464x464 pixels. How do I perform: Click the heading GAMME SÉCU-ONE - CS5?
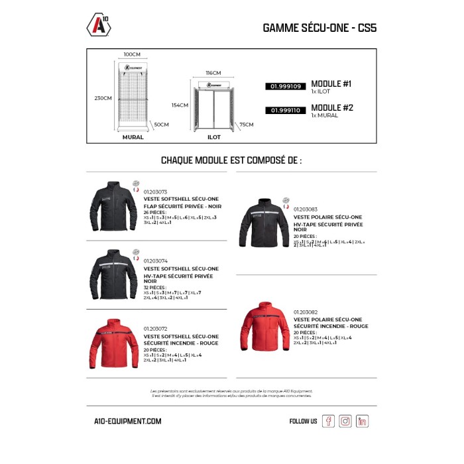coord(319,29)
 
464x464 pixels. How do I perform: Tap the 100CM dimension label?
coord(132,54)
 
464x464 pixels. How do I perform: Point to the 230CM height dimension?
coord(103,98)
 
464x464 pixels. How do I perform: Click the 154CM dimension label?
coord(180,105)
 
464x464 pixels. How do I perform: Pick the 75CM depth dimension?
coord(247,124)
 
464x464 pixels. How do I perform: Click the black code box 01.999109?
coord(285,86)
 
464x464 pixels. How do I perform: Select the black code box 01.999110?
coord(285,111)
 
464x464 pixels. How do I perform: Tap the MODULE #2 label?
coord(332,107)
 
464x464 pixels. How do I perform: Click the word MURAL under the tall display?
coord(133,138)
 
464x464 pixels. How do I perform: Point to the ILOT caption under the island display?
coord(213,138)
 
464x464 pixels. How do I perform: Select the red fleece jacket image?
coord(264,327)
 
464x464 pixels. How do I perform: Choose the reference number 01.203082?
coord(305,312)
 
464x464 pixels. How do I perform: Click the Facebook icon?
coord(328,421)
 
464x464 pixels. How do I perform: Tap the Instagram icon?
coord(345,421)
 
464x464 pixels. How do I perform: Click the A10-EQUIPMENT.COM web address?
coord(128,421)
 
